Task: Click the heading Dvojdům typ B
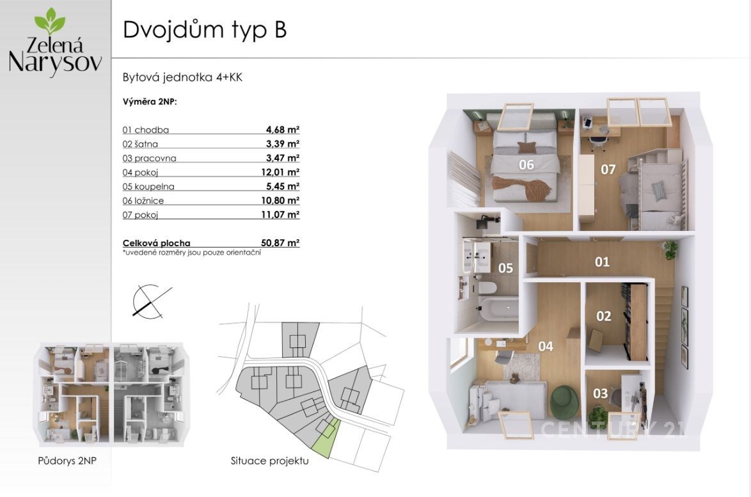[x=205, y=29]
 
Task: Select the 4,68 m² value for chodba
[x=283, y=129]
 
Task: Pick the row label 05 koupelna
[x=148, y=186]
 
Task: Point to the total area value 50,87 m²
[x=280, y=243]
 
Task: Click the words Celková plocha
[x=156, y=243]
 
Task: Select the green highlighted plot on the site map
[x=325, y=438]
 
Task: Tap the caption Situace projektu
[x=270, y=461]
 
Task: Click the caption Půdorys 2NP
[x=67, y=461]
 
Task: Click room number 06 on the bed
[x=526, y=165]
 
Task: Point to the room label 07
[x=608, y=169]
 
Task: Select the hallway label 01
[x=602, y=262]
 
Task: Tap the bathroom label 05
[x=505, y=268]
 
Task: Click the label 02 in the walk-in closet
[x=603, y=316]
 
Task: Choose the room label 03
[x=600, y=393]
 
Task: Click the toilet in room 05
[x=487, y=287]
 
